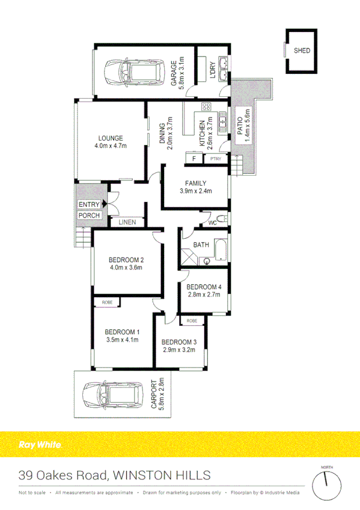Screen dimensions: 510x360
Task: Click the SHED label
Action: [302, 51]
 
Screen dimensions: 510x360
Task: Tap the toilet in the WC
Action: [222, 218]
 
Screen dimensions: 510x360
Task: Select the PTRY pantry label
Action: [216, 159]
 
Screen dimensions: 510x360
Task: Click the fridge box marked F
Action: [194, 159]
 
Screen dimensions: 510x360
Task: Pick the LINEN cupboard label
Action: [127, 223]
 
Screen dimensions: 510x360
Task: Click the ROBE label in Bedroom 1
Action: [107, 302]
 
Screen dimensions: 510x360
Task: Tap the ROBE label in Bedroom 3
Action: [192, 321]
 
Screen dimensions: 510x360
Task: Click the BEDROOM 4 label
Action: [204, 287]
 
